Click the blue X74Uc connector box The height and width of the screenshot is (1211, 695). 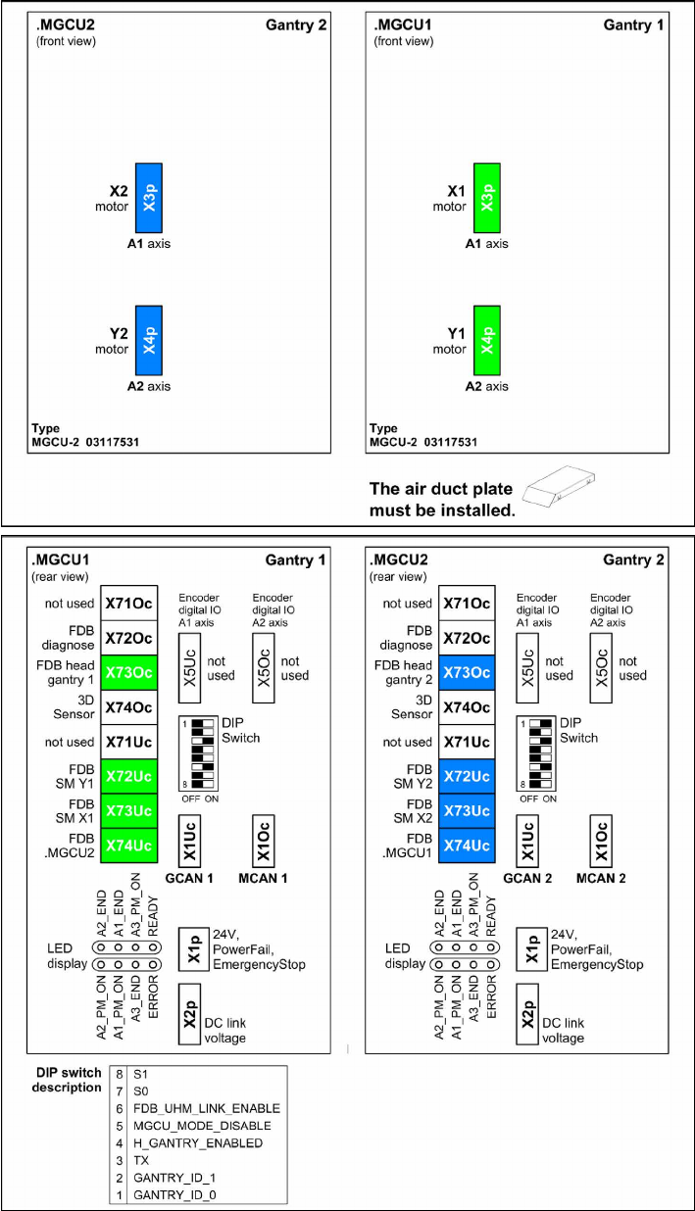click(x=467, y=845)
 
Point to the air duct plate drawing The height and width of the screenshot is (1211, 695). click(x=560, y=479)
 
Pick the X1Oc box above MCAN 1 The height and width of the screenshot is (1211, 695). click(x=263, y=839)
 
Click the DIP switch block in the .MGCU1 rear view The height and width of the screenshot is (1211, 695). click(x=204, y=753)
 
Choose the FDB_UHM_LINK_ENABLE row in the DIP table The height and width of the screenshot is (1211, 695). click(x=205, y=1108)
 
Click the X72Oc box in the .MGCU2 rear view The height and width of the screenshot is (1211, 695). click(x=467, y=638)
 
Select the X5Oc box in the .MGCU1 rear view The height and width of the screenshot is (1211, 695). click(x=263, y=667)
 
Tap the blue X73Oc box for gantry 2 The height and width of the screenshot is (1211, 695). click(x=467, y=672)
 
